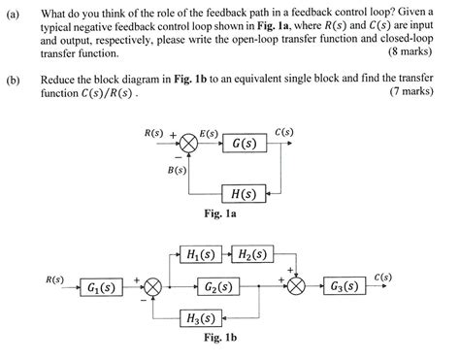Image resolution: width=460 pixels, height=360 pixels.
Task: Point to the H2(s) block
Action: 255,255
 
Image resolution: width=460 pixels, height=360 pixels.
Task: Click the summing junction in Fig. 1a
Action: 189,146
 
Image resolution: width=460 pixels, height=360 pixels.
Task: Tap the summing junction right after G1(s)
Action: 151,288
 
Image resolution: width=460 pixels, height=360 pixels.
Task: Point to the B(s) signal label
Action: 178,171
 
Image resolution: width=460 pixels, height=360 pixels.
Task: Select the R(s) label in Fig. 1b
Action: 54,279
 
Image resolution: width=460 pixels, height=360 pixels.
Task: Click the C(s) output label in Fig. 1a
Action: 283,132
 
